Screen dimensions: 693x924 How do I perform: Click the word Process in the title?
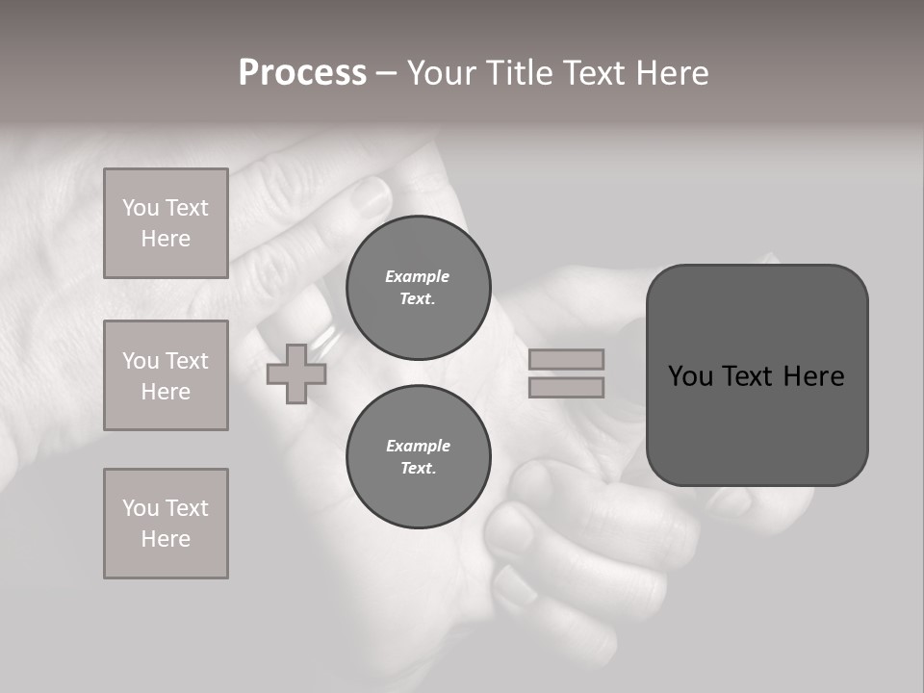coord(302,73)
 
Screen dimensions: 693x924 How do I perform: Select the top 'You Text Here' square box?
coord(166,223)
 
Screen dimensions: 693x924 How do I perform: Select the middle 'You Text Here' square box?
coord(166,375)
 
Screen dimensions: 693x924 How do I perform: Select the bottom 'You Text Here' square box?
coord(166,524)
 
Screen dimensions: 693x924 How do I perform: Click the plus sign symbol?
coord(296,373)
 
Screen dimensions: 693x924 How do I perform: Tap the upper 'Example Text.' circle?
coord(418,287)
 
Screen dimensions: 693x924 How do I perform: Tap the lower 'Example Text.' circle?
coord(418,456)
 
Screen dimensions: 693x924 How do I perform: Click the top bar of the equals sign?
coord(566,359)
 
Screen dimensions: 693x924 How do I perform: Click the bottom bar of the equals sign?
coord(566,387)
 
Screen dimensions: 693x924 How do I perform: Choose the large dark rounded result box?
coord(757,375)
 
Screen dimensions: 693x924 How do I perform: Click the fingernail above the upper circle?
coord(372,197)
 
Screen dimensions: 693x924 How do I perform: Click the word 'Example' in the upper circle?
coord(418,276)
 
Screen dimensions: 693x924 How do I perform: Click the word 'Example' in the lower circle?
coord(418,446)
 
